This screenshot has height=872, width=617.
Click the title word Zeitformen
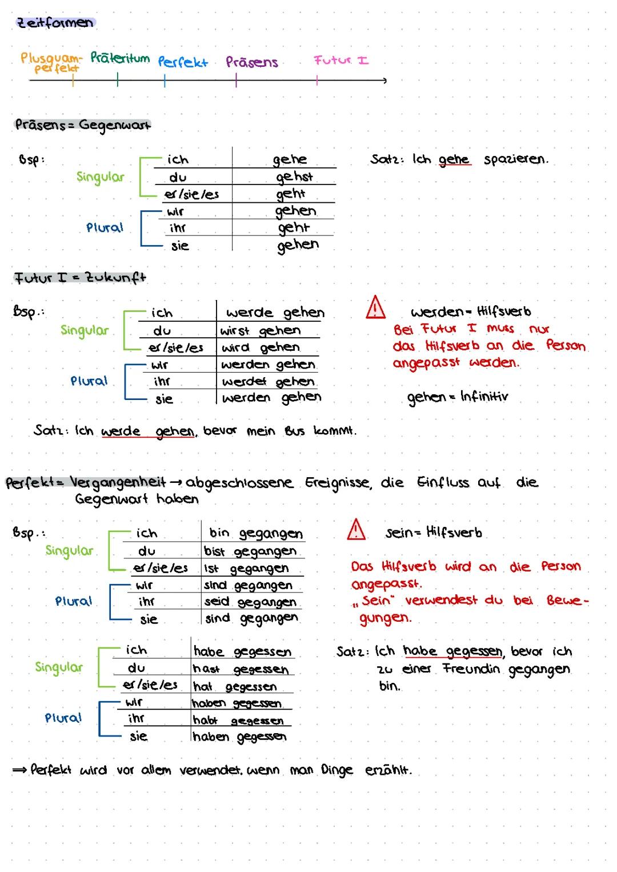(x=55, y=23)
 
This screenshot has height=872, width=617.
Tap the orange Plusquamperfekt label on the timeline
(x=51, y=63)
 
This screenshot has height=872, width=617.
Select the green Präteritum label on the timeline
(x=120, y=58)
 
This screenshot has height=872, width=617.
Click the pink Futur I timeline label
(x=341, y=60)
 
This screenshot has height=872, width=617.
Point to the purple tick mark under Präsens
(x=236, y=80)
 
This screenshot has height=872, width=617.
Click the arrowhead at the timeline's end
(x=384, y=81)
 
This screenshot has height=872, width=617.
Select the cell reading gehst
(x=294, y=177)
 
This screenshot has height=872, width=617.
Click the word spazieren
(x=516, y=159)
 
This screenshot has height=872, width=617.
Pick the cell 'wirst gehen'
(x=260, y=330)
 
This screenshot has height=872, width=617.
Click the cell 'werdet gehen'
(x=268, y=382)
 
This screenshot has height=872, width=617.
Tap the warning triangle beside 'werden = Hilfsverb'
(x=376, y=307)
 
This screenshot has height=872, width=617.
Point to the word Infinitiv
(x=484, y=397)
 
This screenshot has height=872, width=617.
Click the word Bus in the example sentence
(x=294, y=431)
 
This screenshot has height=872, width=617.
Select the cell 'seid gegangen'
(x=250, y=602)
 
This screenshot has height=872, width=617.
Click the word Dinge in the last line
(x=336, y=770)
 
